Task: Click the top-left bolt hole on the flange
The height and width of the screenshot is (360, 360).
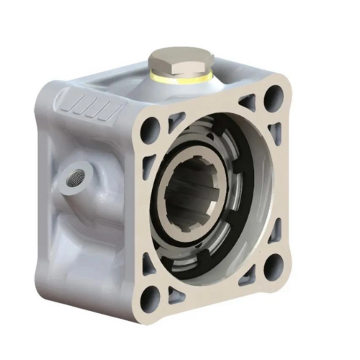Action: click(150, 130)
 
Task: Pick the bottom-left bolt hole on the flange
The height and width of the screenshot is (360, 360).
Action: click(150, 296)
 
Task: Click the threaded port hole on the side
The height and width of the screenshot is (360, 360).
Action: click(73, 174)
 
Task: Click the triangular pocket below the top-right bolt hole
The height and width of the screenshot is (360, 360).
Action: click(274, 132)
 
